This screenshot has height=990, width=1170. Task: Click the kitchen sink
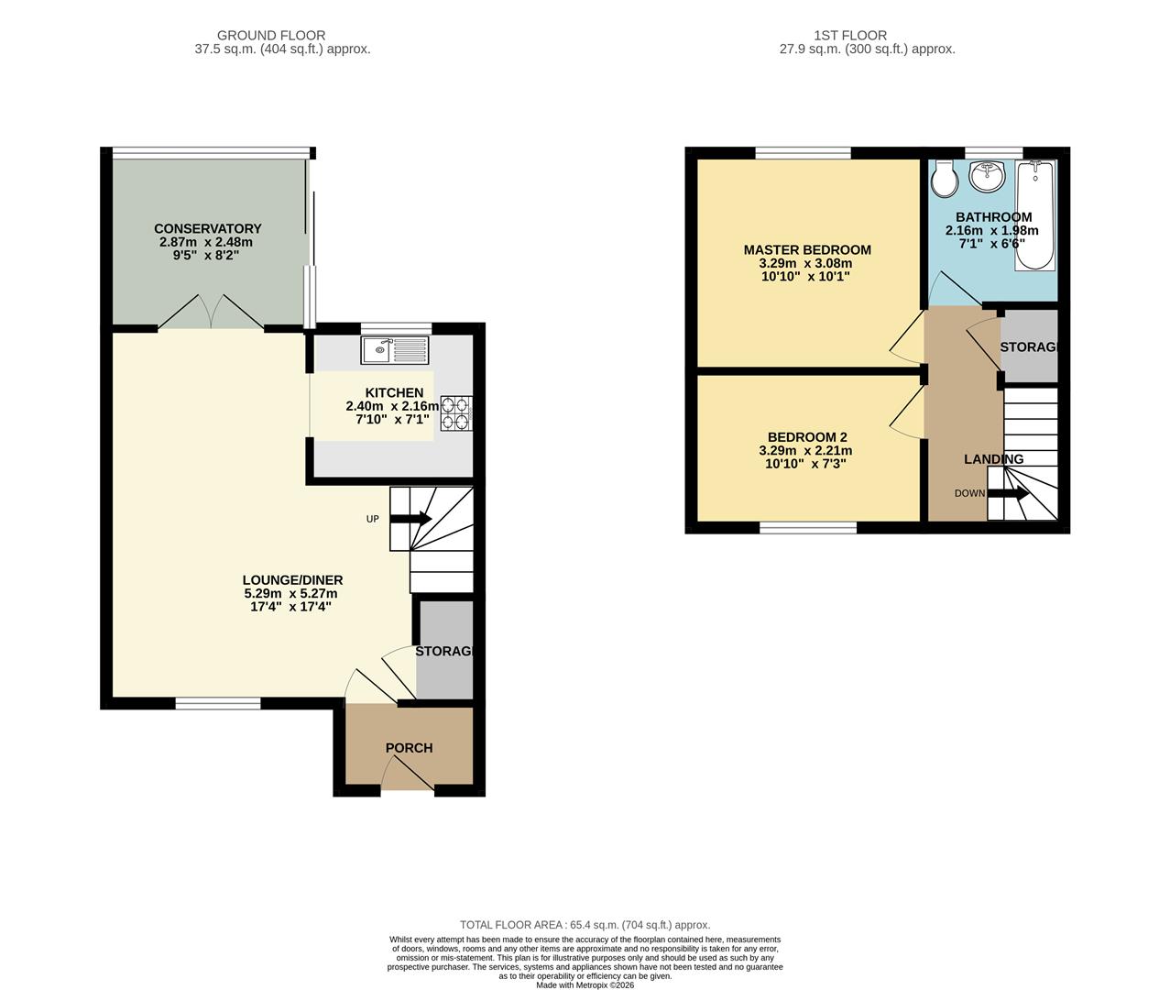(x=395, y=350)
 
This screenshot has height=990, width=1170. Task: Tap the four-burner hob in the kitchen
(x=456, y=412)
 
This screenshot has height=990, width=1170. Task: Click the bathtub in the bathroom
(x=1035, y=215)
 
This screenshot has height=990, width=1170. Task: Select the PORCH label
(x=410, y=748)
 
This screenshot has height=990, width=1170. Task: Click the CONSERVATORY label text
(x=208, y=229)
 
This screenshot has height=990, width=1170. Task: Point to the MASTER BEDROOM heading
(x=807, y=249)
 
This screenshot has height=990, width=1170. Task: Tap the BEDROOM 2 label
(x=807, y=437)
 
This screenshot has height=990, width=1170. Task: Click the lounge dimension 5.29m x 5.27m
(x=291, y=594)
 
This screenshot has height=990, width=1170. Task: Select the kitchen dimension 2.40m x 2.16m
(x=392, y=406)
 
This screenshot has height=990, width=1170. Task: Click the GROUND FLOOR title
(x=271, y=36)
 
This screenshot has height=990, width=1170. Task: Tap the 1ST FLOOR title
(x=850, y=36)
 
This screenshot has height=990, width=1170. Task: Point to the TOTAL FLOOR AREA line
(x=585, y=925)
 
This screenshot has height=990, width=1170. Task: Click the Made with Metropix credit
(x=585, y=984)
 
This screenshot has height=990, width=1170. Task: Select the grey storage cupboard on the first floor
(x=1029, y=346)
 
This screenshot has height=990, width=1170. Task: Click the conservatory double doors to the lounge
(x=211, y=312)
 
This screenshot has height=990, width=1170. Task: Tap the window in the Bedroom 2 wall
(x=808, y=528)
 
